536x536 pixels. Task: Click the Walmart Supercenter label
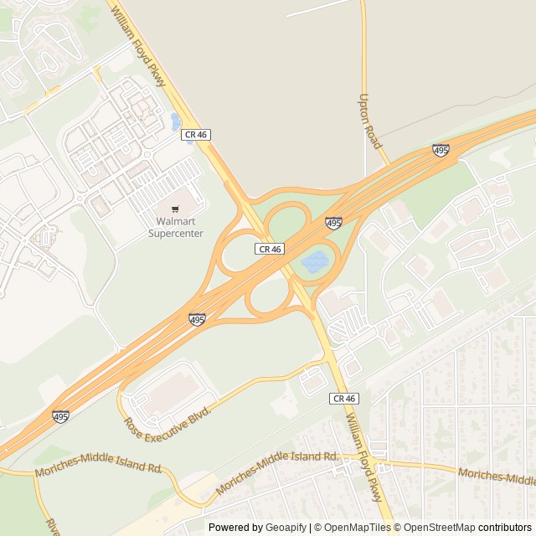[x=176, y=227]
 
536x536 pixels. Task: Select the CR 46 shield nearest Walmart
[x=196, y=134]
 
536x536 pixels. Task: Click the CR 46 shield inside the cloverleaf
[x=270, y=249]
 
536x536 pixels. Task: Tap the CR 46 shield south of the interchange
[x=344, y=399]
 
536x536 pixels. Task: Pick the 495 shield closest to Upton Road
[x=441, y=150]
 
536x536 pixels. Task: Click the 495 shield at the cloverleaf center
[x=333, y=223]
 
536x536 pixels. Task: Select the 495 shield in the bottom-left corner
[x=60, y=415]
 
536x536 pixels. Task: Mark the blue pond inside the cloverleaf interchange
[x=316, y=262]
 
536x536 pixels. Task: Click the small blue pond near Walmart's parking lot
[x=176, y=122]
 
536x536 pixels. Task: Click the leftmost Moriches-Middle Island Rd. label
[x=99, y=469]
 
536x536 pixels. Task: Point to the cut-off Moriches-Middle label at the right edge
[x=497, y=477]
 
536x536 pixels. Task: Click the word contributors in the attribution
[x=505, y=528]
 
